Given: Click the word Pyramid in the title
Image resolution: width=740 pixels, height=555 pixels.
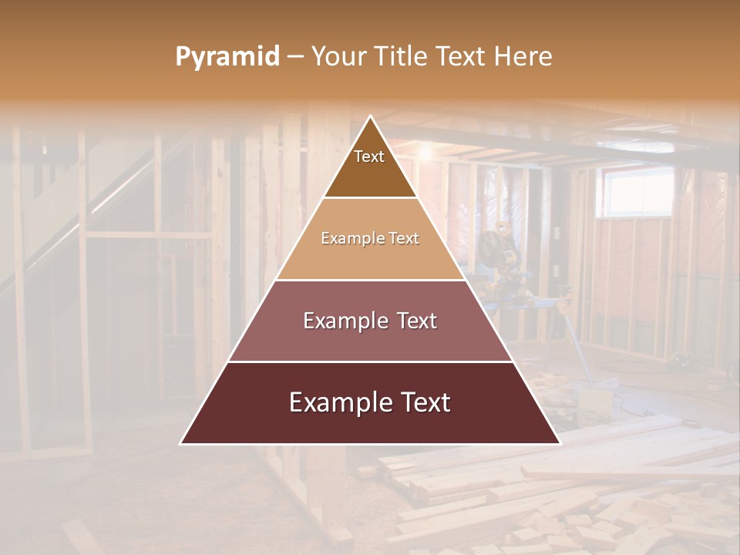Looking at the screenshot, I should point(227,57).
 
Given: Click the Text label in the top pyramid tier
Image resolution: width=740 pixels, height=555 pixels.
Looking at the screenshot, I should point(369,156).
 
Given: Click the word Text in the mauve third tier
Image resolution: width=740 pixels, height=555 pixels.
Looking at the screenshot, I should point(416,321).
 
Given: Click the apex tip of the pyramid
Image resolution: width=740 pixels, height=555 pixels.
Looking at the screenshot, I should point(370,116).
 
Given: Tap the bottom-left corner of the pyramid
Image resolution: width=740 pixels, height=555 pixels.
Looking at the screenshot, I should point(181,443).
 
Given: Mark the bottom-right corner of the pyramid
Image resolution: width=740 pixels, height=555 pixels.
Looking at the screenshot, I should point(559,443).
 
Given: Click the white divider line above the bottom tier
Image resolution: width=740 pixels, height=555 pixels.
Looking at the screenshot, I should point(370,362).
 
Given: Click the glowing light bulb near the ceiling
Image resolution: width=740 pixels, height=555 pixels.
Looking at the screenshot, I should point(425,153).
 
